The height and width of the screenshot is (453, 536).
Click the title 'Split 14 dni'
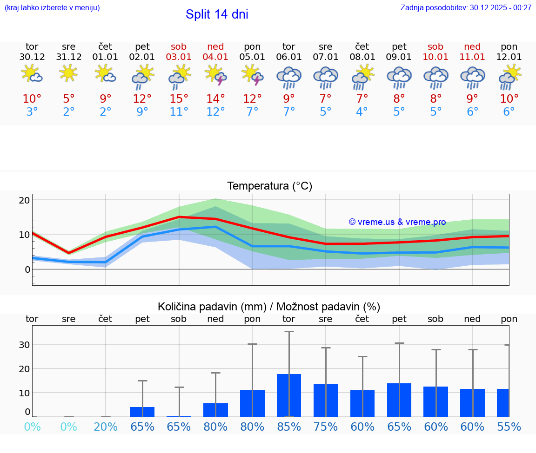click(217, 14)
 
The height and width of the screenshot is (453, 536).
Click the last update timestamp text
click(466, 7)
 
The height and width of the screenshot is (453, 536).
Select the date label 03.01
click(179, 57)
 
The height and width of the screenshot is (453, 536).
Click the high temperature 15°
click(179, 99)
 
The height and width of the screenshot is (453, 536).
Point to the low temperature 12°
click(215, 112)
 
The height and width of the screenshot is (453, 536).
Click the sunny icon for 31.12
click(69, 73)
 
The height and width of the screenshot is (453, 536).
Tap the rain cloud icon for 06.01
click(289, 78)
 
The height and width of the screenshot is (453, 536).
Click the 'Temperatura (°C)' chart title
click(269, 186)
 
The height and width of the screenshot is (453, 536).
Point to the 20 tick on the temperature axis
click(24, 200)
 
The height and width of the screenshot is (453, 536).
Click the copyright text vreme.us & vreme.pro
click(397, 222)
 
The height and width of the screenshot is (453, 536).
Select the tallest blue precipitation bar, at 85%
click(289, 395)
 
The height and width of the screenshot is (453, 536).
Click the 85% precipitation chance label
click(289, 427)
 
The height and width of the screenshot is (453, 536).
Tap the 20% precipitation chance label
click(106, 427)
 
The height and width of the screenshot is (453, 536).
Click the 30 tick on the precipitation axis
click(24, 345)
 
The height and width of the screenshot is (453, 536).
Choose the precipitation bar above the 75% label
click(326, 400)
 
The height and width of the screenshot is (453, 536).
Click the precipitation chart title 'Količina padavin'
click(269, 307)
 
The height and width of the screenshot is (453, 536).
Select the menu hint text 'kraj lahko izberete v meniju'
click(52, 7)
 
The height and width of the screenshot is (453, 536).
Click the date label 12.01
click(509, 57)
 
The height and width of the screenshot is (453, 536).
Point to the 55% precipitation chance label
click(509, 427)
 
